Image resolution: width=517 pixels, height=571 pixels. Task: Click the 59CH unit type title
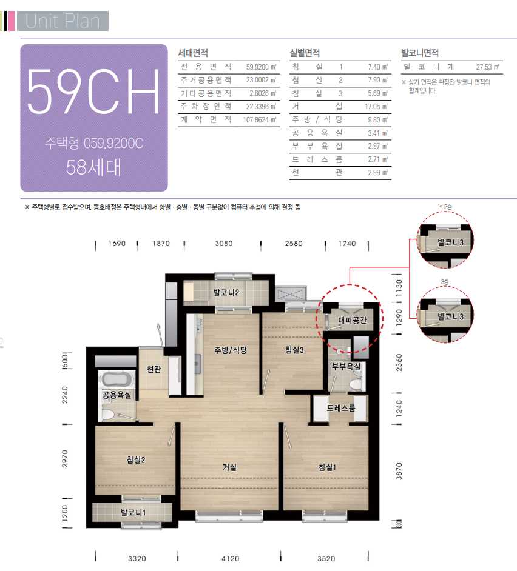(93, 92)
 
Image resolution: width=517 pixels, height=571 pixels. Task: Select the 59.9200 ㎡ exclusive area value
(261, 67)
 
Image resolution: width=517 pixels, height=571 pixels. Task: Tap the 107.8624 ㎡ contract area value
(260, 120)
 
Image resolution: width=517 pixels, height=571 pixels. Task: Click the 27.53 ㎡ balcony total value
(488, 67)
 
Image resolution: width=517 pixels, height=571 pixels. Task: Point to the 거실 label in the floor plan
(230, 467)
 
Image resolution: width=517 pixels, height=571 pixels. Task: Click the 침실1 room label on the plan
(327, 467)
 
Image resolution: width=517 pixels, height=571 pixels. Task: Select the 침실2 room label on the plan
(136, 460)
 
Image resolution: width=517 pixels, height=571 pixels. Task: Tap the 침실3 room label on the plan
(294, 350)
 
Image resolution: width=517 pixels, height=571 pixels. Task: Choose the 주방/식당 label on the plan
(231, 350)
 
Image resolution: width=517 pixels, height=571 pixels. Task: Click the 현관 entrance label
(154, 369)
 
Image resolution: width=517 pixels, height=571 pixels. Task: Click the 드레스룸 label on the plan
(341, 408)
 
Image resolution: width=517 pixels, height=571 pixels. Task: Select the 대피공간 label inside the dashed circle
(352, 321)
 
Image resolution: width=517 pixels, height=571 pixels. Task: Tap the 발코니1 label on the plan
(133, 513)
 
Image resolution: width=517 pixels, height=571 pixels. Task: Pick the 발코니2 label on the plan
(226, 292)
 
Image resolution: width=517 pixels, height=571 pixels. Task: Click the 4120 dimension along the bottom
(231, 559)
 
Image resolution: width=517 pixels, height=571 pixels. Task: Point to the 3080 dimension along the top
(223, 244)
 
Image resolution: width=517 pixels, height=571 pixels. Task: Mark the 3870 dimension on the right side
(399, 471)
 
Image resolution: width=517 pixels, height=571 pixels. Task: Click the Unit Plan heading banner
(63, 21)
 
